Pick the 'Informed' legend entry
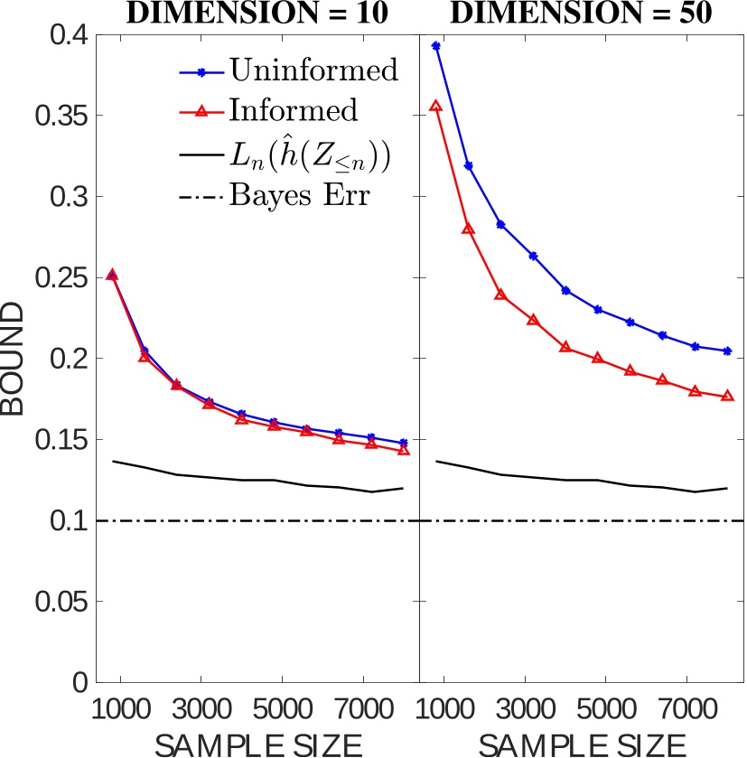click(280, 110)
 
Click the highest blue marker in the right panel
click(435, 45)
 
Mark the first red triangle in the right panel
click(435, 106)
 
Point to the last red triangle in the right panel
click(727, 397)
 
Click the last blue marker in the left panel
click(404, 443)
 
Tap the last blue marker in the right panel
click(727, 351)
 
